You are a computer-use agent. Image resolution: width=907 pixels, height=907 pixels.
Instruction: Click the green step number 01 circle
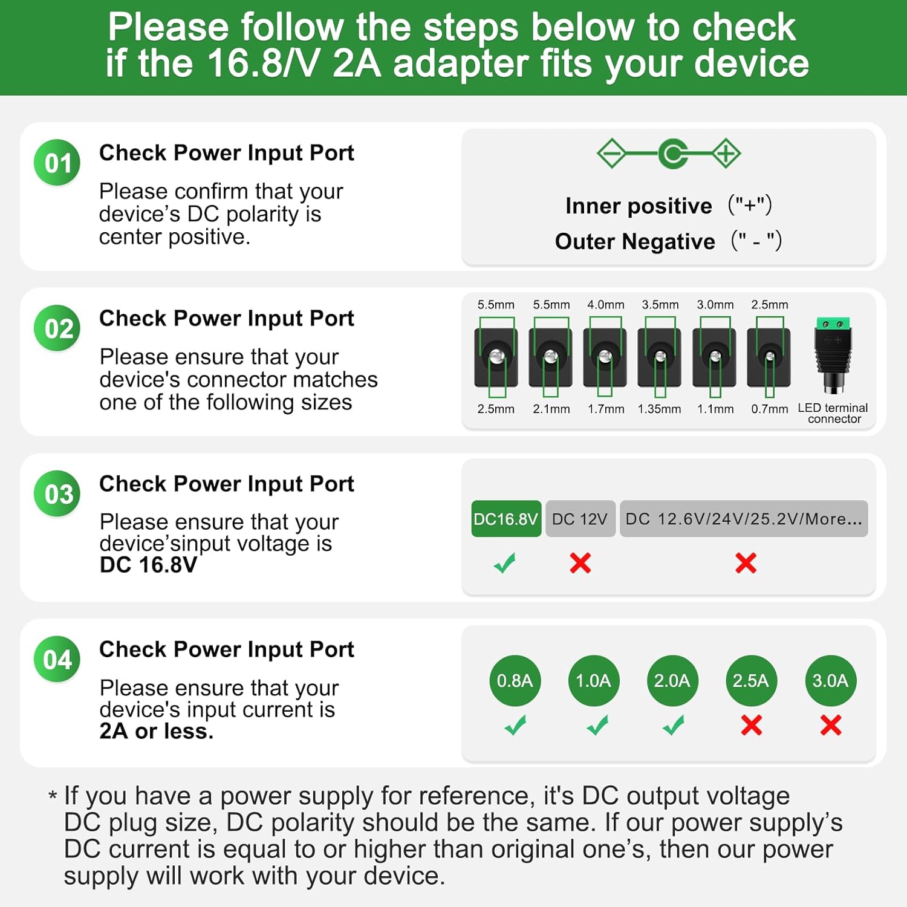pyautogui.click(x=57, y=163)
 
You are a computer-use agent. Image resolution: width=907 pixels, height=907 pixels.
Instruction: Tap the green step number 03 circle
pyautogui.click(x=57, y=494)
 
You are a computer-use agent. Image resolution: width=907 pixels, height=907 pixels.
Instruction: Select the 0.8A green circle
pyautogui.click(x=515, y=681)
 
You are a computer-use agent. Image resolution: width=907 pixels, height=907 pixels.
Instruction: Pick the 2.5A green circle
pyautogui.click(x=750, y=681)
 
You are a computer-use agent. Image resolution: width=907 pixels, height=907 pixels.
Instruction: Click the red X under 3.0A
pyautogui.click(x=831, y=725)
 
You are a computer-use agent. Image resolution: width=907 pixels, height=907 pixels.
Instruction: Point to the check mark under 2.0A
pyautogui.click(x=673, y=725)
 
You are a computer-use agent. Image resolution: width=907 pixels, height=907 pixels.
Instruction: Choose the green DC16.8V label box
pyautogui.click(x=506, y=519)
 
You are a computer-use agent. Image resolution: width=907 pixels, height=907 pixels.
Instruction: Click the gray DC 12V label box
pyautogui.click(x=580, y=519)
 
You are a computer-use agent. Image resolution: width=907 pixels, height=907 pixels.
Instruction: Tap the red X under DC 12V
pyautogui.click(x=580, y=563)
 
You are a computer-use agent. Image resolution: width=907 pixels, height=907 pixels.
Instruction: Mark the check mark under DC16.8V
pyautogui.click(x=505, y=563)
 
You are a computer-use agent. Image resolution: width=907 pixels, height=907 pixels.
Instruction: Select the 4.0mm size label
pyautogui.click(x=606, y=305)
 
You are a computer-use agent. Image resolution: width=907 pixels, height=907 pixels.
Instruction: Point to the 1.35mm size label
pyautogui.click(x=660, y=409)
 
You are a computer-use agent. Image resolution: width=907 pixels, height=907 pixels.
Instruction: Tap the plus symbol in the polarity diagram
pyautogui.click(x=726, y=154)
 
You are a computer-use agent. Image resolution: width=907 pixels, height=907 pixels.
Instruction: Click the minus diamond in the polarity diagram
pyautogui.click(x=611, y=154)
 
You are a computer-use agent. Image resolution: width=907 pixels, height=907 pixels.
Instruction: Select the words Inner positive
pyautogui.click(x=639, y=206)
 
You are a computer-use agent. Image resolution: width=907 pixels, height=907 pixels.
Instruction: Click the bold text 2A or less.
pyautogui.click(x=157, y=731)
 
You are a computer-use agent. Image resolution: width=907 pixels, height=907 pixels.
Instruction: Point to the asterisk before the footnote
pyautogui.click(x=53, y=795)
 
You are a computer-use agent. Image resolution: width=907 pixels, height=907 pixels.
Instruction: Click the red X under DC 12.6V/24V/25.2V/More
pyautogui.click(x=746, y=563)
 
